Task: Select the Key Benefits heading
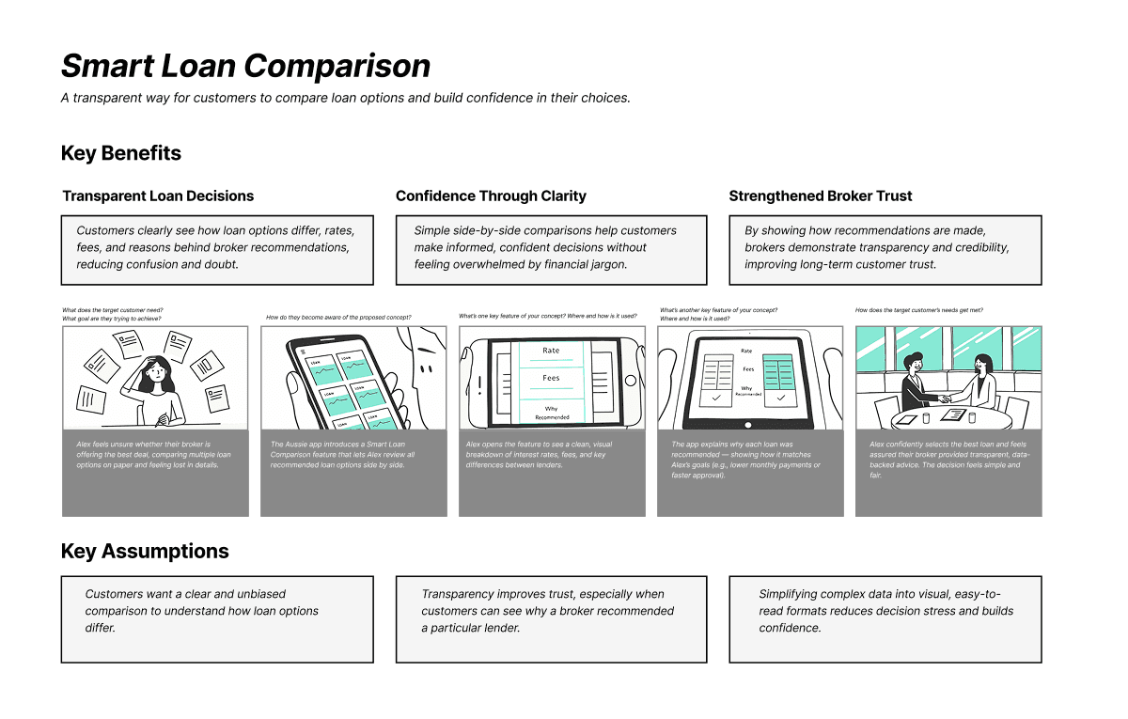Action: point(121,153)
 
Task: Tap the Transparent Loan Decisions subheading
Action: point(158,196)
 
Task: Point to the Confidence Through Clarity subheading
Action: point(491,196)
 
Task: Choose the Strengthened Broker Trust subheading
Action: point(821,196)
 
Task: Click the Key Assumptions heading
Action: point(145,551)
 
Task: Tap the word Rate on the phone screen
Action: point(551,351)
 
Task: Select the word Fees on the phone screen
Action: point(551,378)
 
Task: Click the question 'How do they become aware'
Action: point(338,318)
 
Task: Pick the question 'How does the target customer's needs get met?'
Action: point(919,310)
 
